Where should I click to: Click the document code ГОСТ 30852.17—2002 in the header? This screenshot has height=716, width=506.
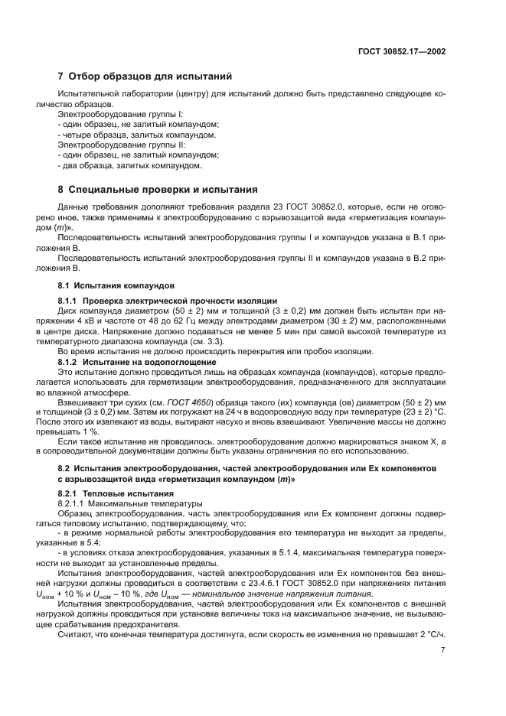(x=401, y=51)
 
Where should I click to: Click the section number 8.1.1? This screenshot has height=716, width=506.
(x=70, y=300)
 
